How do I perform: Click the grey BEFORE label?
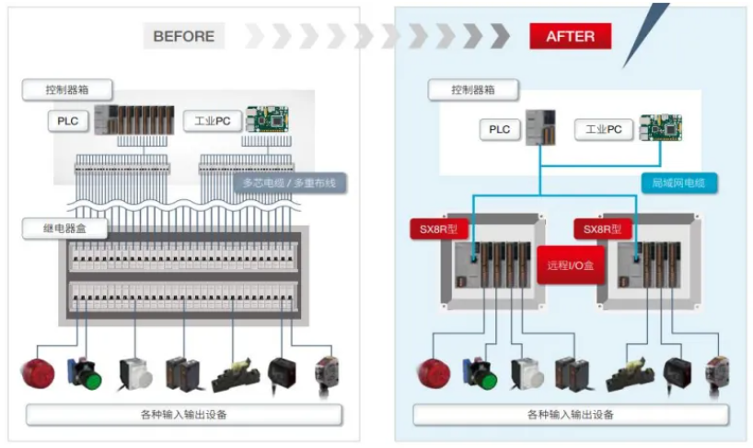pos(183,36)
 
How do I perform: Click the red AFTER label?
pos(570,36)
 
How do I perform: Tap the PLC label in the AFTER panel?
pos(499,130)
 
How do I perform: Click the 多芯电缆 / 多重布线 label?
pos(289,183)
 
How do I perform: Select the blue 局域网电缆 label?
pos(678,183)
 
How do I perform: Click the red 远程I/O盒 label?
pos(570,265)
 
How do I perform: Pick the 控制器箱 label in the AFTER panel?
pos(472,90)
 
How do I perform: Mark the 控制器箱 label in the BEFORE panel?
pos(67,90)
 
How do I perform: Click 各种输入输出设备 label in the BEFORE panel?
pos(184,415)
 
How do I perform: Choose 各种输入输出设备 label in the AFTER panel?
pos(571,415)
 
